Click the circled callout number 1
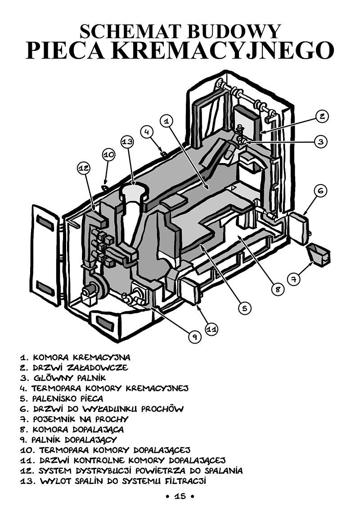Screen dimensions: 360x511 coord(166,121)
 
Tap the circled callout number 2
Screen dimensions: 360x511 coord(322,116)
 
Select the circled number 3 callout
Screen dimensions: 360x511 coord(321,141)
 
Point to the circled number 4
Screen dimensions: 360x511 coord(147,131)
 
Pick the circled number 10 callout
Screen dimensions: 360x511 coord(109,154)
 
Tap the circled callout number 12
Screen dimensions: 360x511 coord(84,168)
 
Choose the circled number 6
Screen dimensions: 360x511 coord(321,190)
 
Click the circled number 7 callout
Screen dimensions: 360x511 coord(294,279)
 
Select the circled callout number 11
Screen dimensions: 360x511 coord(212,329)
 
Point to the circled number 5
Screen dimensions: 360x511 coord(245,308)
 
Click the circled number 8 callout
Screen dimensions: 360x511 coord(278,289)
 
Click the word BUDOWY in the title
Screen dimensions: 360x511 coord(234,32)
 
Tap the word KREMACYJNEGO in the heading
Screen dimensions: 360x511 coord(223,50)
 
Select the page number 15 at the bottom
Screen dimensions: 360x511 coord(180,496)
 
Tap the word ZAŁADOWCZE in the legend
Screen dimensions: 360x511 coord(97,368)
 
